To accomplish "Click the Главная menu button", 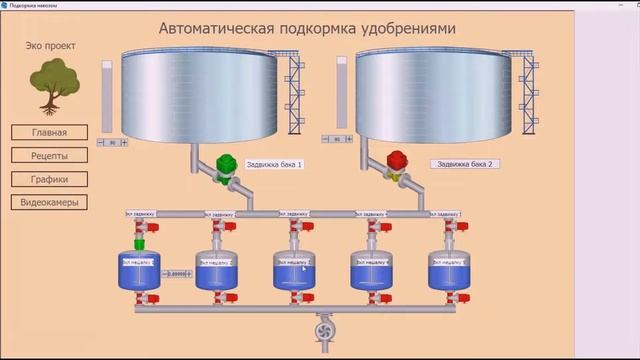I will pos(49,132).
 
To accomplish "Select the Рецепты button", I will pos(49,155).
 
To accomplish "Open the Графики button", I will pos(49,179).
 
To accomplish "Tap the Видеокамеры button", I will pos(49,202).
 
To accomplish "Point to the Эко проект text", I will pos(49,45).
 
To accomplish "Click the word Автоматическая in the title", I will pos(217,28).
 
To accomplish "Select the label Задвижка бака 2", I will pos(465,163).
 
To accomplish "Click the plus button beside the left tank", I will pos(124,143).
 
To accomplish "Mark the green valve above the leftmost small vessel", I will pos(140,241).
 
